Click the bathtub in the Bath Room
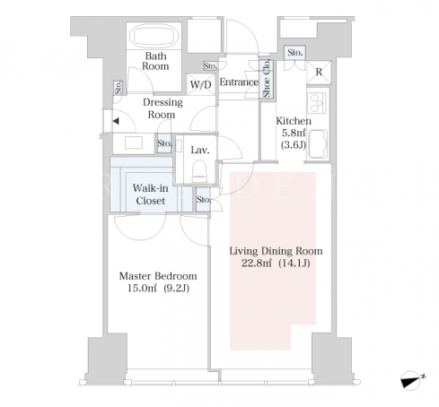(x=154, y=36)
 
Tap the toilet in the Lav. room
(x=199, y=171)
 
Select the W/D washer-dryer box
(x=200, y=84)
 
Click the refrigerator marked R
(x=319, y=72)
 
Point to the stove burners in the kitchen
(x=317, y=103)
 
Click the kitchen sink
(x=318, y=143)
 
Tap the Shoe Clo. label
(x=267, y=78)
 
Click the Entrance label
(x=239, y=82)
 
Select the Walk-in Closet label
(x=150, y=195)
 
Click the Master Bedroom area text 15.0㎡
(x=142, y=289)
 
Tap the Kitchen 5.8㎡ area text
(x=294, y=132)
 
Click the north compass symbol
(x=411, y=379)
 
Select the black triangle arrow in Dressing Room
(x=116, y=121)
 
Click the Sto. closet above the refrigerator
(x=294, y=53)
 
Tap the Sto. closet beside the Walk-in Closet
(x=203, y=199)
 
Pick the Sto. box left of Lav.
(x=164, y=143)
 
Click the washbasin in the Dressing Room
(x=134, y=143)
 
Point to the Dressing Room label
(x=162, y=108)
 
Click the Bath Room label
(x=155, y=61)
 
